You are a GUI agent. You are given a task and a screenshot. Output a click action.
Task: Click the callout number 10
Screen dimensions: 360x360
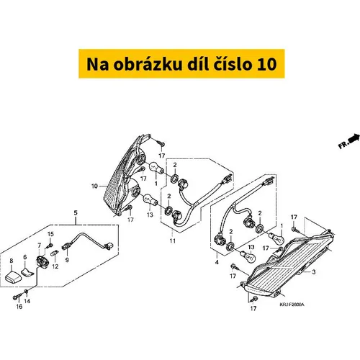(x=94, y=186)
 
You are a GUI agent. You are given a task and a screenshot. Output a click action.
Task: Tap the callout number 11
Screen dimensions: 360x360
(x=173, y=240)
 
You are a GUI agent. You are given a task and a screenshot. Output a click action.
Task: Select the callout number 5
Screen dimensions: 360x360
(x=76, y=212)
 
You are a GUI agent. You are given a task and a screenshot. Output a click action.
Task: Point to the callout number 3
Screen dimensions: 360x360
(x=313, y=272)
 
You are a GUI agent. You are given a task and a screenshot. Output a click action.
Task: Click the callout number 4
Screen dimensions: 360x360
(x=217, y=262)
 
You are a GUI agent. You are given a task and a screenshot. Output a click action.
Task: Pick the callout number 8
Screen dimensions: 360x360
(x=12, y=261)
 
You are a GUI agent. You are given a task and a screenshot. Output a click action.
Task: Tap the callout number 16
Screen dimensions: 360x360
(x=19, y=307)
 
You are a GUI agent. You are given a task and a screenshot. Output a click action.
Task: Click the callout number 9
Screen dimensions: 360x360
(x=67, y=260)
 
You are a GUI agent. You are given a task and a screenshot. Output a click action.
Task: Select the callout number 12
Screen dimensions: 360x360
(x=55, y=266)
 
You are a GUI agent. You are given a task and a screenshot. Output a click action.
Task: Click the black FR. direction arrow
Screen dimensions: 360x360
(x=354, y=139)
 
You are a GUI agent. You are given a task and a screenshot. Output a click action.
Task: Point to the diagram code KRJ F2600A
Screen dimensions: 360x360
(x=292, y=305)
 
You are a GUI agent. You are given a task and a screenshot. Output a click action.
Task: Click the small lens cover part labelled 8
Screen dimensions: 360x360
(x=13, y=277)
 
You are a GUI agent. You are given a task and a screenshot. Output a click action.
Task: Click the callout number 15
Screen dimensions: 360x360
(x=50, y=234)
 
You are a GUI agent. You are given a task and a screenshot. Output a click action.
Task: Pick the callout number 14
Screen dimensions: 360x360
(x=27, y=301)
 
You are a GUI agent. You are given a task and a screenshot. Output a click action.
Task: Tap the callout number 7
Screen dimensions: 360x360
(x=39, y=246)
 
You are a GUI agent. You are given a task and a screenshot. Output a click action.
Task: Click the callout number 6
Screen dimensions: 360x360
(x=25, y=257)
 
